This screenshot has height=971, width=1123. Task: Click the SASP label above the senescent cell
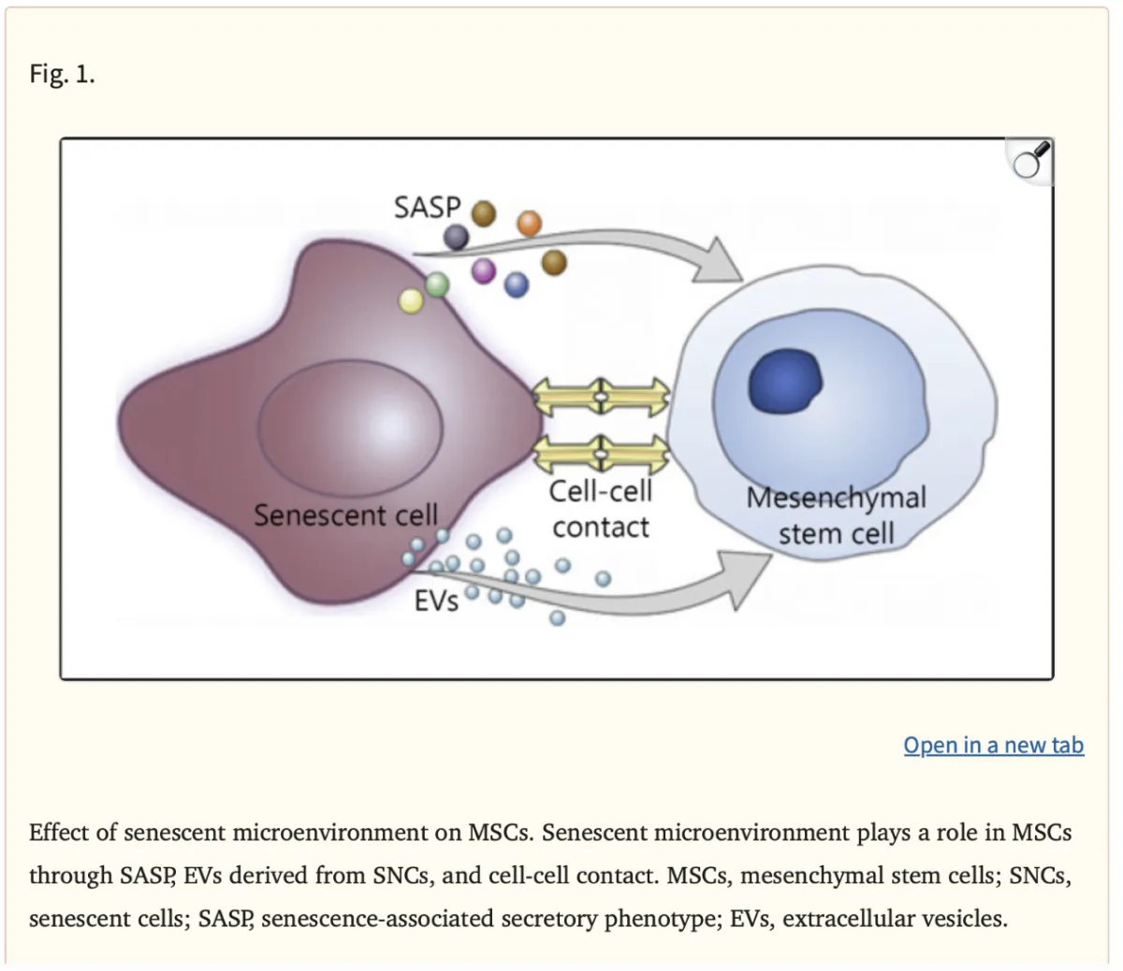click(x=427, y=207)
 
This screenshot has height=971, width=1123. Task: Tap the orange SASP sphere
click(x=529, y=223)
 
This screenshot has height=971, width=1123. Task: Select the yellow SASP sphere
click(x=411, y=300)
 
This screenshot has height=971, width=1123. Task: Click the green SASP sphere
click(x=438, y=283)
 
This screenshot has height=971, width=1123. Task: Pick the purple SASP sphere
click(x=484, y=271)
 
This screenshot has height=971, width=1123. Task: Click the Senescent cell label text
click(x=345, y=515)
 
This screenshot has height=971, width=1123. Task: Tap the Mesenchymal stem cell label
click(x=836, y=514)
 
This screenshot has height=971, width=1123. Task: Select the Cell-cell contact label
click(x=600, y=509)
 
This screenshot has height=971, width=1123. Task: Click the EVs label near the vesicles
click(x=436, y=601)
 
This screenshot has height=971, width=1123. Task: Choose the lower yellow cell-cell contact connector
click(x=601, y=456)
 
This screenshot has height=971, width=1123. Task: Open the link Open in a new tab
click(x=993, y=746)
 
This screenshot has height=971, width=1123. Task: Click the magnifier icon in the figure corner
click(x=1030, y=162)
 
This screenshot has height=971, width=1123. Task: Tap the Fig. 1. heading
click(x=62, y=74)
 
